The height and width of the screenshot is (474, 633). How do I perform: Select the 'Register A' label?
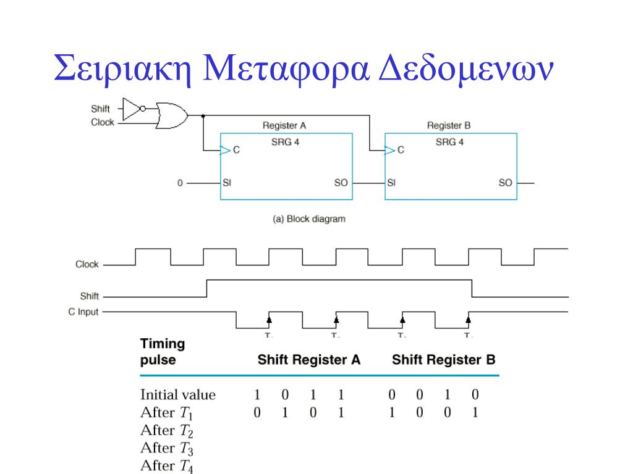tap(284, 125)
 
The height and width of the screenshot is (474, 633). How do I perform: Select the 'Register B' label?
tap(449, 125)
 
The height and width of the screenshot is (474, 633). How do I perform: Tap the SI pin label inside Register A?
tap(227, 183)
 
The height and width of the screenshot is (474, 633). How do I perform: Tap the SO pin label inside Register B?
tap(505, 183)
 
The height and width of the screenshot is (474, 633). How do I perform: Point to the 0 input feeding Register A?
tap(180, 183)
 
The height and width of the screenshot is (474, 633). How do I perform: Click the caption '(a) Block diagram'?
tap(309, 218)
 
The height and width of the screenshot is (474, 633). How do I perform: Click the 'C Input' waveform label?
tap(83, 312)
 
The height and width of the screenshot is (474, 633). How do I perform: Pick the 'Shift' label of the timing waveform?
tap(90, 296)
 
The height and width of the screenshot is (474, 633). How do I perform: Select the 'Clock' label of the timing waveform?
tap(87, 264)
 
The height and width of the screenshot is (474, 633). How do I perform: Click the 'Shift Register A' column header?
tap(309, 360)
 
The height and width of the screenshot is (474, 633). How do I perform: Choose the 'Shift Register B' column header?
tap(444, 360)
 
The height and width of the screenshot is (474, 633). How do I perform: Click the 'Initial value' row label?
tap(178, 394)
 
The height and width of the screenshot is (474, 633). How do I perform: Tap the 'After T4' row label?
tap(167, 467)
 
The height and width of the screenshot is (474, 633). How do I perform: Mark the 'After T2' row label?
tap(167, 431)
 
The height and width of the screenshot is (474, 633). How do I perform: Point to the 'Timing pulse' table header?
tap(163, 352)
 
